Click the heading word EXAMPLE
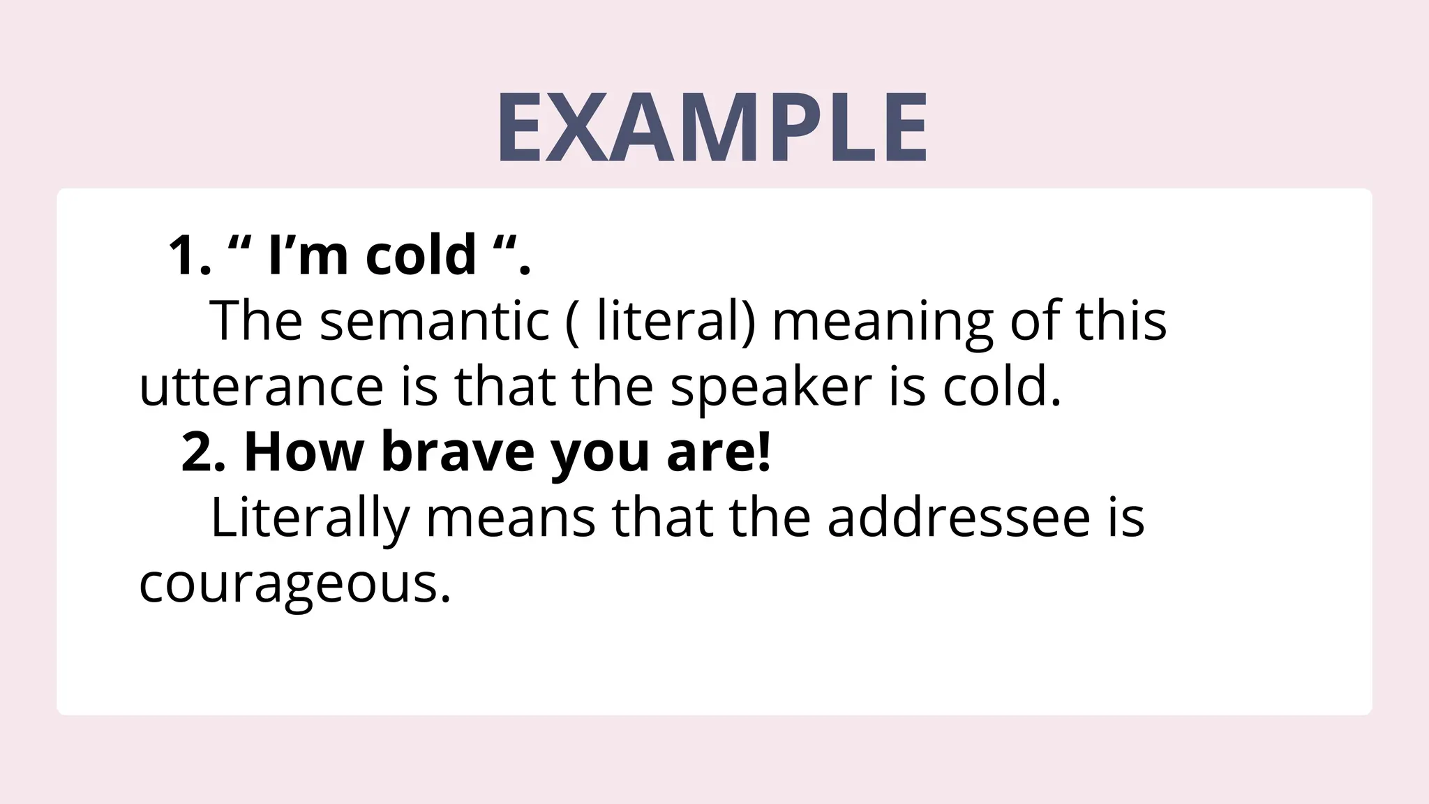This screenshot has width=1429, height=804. [x=712, y=128]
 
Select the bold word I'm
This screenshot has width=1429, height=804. [x=308, y=255]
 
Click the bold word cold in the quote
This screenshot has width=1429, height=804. [x=421, y=255]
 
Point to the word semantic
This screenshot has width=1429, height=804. [x=434, y=321]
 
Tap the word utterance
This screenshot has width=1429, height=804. [x=262, y=387]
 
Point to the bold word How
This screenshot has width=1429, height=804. [x=304, y=452]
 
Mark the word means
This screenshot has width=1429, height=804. [x=511, y=518]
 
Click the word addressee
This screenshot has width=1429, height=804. [x=958, y=518]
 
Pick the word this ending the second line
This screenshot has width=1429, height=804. [x=1121, y=321]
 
